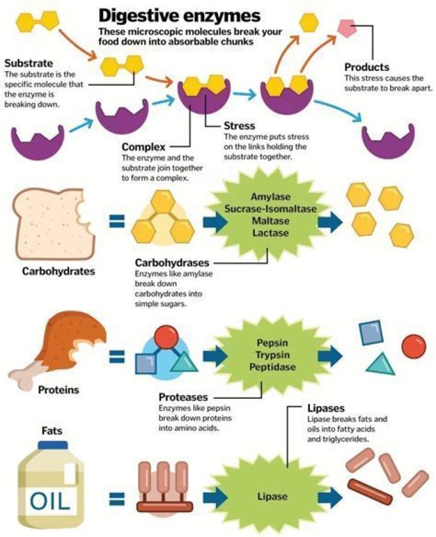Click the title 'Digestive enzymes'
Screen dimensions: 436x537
click(x=179, y=16)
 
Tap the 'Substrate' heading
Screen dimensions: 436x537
click(x=28, y=64)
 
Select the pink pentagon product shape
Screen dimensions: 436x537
click(x=347, y=28)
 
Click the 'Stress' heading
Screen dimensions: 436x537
click(x=240, y=125)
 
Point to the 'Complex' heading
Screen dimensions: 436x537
click(x=144, y=147)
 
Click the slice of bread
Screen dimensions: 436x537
click(x=54, y=224)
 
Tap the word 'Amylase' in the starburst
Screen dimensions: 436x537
click(x=270, y=197)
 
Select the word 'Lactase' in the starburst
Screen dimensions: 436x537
click(x=270, y=233)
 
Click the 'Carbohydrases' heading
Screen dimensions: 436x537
click(x=172, y=262)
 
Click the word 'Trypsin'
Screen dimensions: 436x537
click(x=272, y=355)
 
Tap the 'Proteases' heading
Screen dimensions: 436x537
click(x=183, y=397)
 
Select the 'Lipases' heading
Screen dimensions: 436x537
click(x=326, y=409)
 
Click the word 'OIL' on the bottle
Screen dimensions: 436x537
click(x=50, y=501)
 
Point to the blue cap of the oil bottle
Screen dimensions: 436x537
click(x=53, y=445)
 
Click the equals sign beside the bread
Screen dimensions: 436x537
click(x=117, y=221)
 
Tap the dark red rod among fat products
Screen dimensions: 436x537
click(x=369, y=492)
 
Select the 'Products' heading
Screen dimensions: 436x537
click(x=366, y=67)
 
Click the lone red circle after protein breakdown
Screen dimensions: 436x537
click(x=414, y=346)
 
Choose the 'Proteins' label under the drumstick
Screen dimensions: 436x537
click(x=59, y=390)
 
